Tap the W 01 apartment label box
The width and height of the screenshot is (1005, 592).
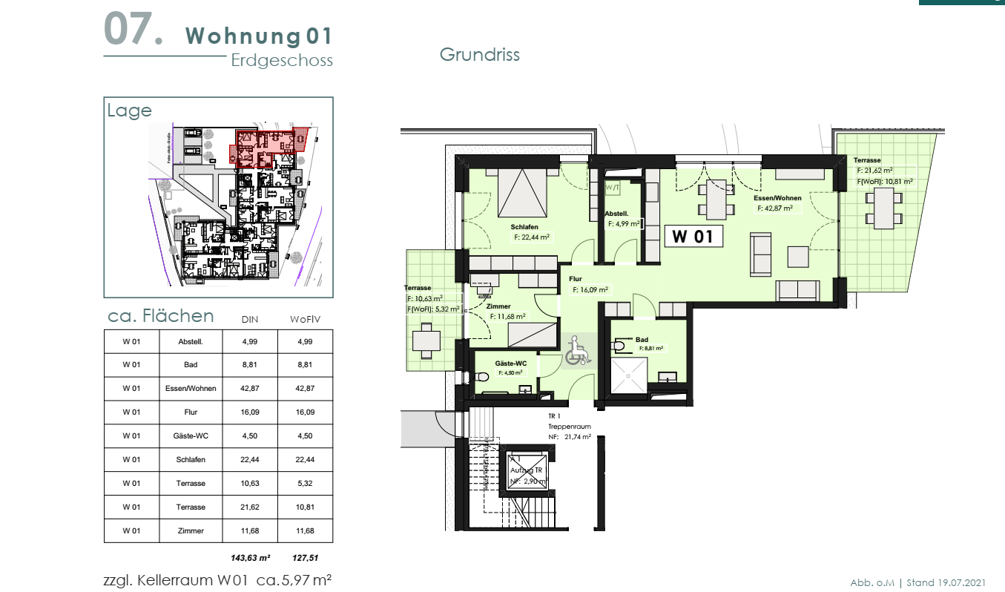coord(692,237)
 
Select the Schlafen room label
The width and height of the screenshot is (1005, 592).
coord(524,227)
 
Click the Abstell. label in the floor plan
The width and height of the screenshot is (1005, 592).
coord(617,213)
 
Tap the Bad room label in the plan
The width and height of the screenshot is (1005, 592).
coord(642,340)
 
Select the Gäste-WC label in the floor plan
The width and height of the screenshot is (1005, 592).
coord(511,363)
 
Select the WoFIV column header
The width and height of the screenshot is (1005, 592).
coord(304,320)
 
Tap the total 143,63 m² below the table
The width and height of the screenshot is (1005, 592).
coord(250,557)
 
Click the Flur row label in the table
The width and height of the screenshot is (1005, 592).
coord(191,412)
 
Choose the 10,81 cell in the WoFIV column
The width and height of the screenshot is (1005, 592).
coord(304,507)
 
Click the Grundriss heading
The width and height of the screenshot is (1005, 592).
coord(479,55)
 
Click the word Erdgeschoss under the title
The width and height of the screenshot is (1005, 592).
coord(282,61)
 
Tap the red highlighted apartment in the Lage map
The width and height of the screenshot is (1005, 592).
coord(263,147)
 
